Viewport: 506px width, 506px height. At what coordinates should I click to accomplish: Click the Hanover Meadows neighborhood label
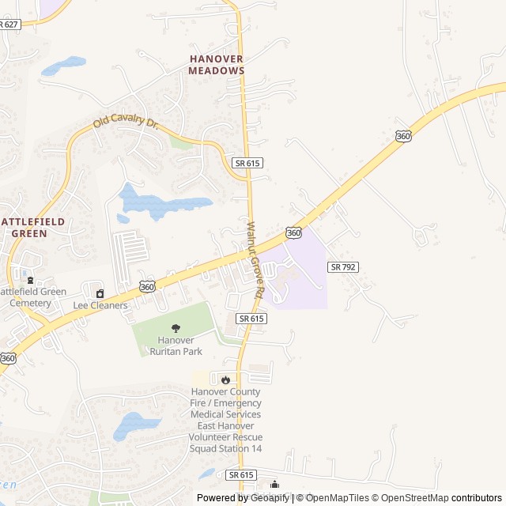(216, 64)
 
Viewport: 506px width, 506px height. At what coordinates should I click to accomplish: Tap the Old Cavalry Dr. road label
(126, 119)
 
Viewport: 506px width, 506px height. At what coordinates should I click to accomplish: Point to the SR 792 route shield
(343, 267)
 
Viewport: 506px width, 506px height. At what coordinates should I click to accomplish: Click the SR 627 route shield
(9, 25)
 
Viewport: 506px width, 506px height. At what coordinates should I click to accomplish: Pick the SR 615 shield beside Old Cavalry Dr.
(247, 162)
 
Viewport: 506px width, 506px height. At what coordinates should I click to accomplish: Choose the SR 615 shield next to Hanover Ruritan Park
(251, 318)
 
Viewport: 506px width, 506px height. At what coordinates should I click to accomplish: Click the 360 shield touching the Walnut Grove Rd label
(293, 233)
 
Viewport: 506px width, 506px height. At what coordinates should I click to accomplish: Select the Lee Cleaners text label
(100, 306)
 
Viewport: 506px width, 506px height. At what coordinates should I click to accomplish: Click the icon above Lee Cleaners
(100, 293)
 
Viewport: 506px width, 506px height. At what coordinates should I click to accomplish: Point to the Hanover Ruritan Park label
(176, 346)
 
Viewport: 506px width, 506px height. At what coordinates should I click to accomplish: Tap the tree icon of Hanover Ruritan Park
(176, 328)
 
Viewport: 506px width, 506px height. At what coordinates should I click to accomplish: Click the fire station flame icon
(225, 379)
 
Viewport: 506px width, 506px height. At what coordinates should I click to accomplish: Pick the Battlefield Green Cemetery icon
(30, 280)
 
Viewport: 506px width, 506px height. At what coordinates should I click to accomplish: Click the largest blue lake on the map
(158, 204)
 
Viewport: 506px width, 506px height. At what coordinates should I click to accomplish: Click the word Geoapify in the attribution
(271, 498)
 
